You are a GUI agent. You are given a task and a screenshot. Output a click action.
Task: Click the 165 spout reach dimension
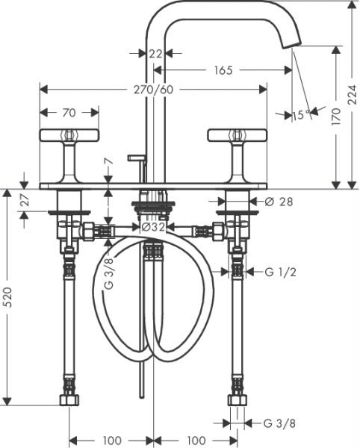(223, 70)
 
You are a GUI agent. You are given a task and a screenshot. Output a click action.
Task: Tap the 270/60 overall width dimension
(153, 90)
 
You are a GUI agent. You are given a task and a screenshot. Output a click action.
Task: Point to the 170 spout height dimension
(337, 116)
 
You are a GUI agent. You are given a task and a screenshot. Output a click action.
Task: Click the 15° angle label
(302, 115)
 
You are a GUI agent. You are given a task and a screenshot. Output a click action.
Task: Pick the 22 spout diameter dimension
(155, 54)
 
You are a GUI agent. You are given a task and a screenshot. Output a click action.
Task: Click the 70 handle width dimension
(69, 113)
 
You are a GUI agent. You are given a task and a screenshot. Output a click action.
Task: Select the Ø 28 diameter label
(279, 202)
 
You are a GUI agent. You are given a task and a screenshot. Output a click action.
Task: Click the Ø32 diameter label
(153, 227)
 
